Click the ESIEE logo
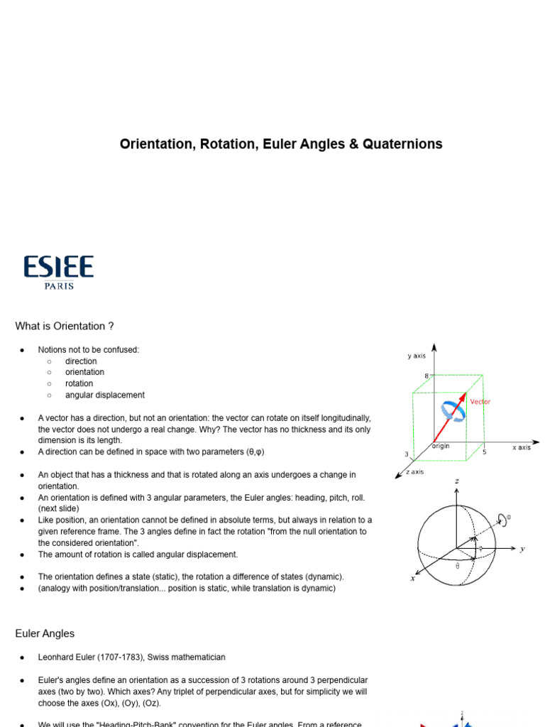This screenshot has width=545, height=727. point(58,267)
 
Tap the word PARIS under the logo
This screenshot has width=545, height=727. point(58,286)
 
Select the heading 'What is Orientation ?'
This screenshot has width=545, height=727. point(65,327)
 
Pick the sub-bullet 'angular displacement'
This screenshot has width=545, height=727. point(104,395)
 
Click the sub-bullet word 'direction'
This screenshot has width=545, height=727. point(81,361)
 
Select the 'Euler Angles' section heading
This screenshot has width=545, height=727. point(45,633)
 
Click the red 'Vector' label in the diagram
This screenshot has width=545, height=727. point(480,402)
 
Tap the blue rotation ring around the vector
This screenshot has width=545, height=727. point(451,411)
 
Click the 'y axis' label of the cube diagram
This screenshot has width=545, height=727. point(417,356)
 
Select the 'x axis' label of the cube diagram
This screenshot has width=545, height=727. point(521,447)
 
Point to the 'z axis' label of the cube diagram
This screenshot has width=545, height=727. point(414,472)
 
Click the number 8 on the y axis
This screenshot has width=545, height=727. point(426,376)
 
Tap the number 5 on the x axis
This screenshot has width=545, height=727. point(485,452)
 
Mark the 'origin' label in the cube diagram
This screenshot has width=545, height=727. point(440,446)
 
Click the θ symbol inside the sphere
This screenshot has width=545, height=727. point(457,566)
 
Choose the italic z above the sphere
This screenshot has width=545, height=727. point(457,481)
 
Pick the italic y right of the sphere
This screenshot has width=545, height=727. point(522,549)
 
